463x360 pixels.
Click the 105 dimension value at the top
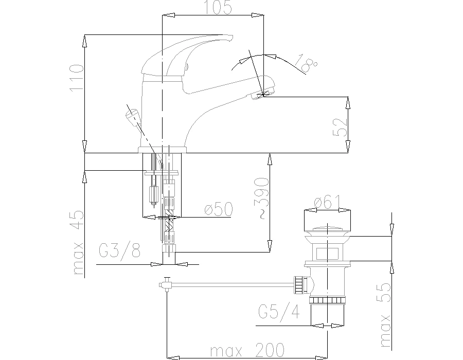218,8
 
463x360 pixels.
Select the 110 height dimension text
77,78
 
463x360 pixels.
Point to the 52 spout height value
340,127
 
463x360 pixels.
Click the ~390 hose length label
262,199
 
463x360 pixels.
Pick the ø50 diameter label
219,209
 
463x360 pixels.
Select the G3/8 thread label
119,250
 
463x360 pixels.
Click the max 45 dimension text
78,242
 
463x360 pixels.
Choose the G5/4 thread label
279,312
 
